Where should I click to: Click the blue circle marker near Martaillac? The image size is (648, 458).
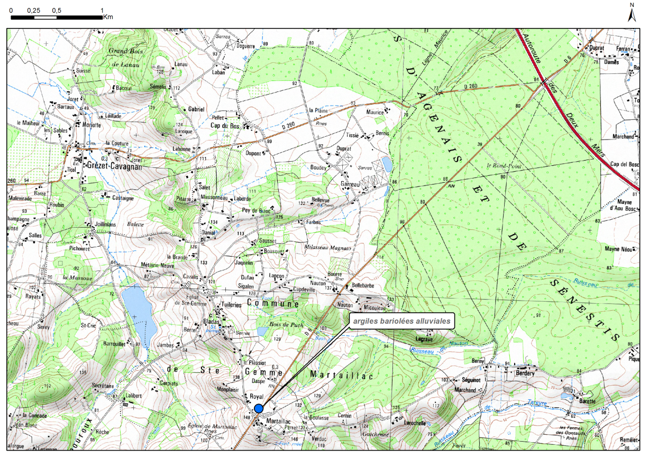coord(258,408)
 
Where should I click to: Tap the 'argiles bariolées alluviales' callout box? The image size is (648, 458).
coord(400,321)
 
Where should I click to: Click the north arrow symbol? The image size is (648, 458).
coord(631,13)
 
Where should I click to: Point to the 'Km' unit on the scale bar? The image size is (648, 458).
coord(108,17)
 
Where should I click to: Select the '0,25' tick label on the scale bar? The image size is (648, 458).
coord(33,11)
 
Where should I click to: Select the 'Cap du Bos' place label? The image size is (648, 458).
coord(225,126)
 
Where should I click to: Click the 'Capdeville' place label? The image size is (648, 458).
coord(301,289)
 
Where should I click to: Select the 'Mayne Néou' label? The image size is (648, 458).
coord(619,248)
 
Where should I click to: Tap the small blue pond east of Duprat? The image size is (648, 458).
coord(387,164)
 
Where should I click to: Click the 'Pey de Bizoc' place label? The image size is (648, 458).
coord(257,211)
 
